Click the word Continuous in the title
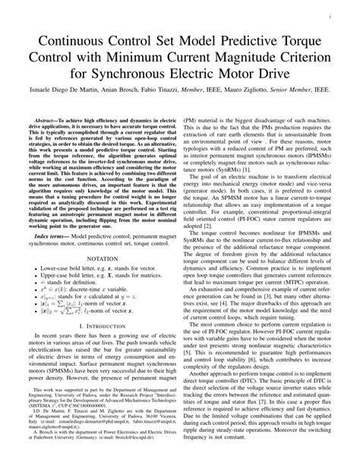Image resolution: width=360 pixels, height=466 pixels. [71, 38]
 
